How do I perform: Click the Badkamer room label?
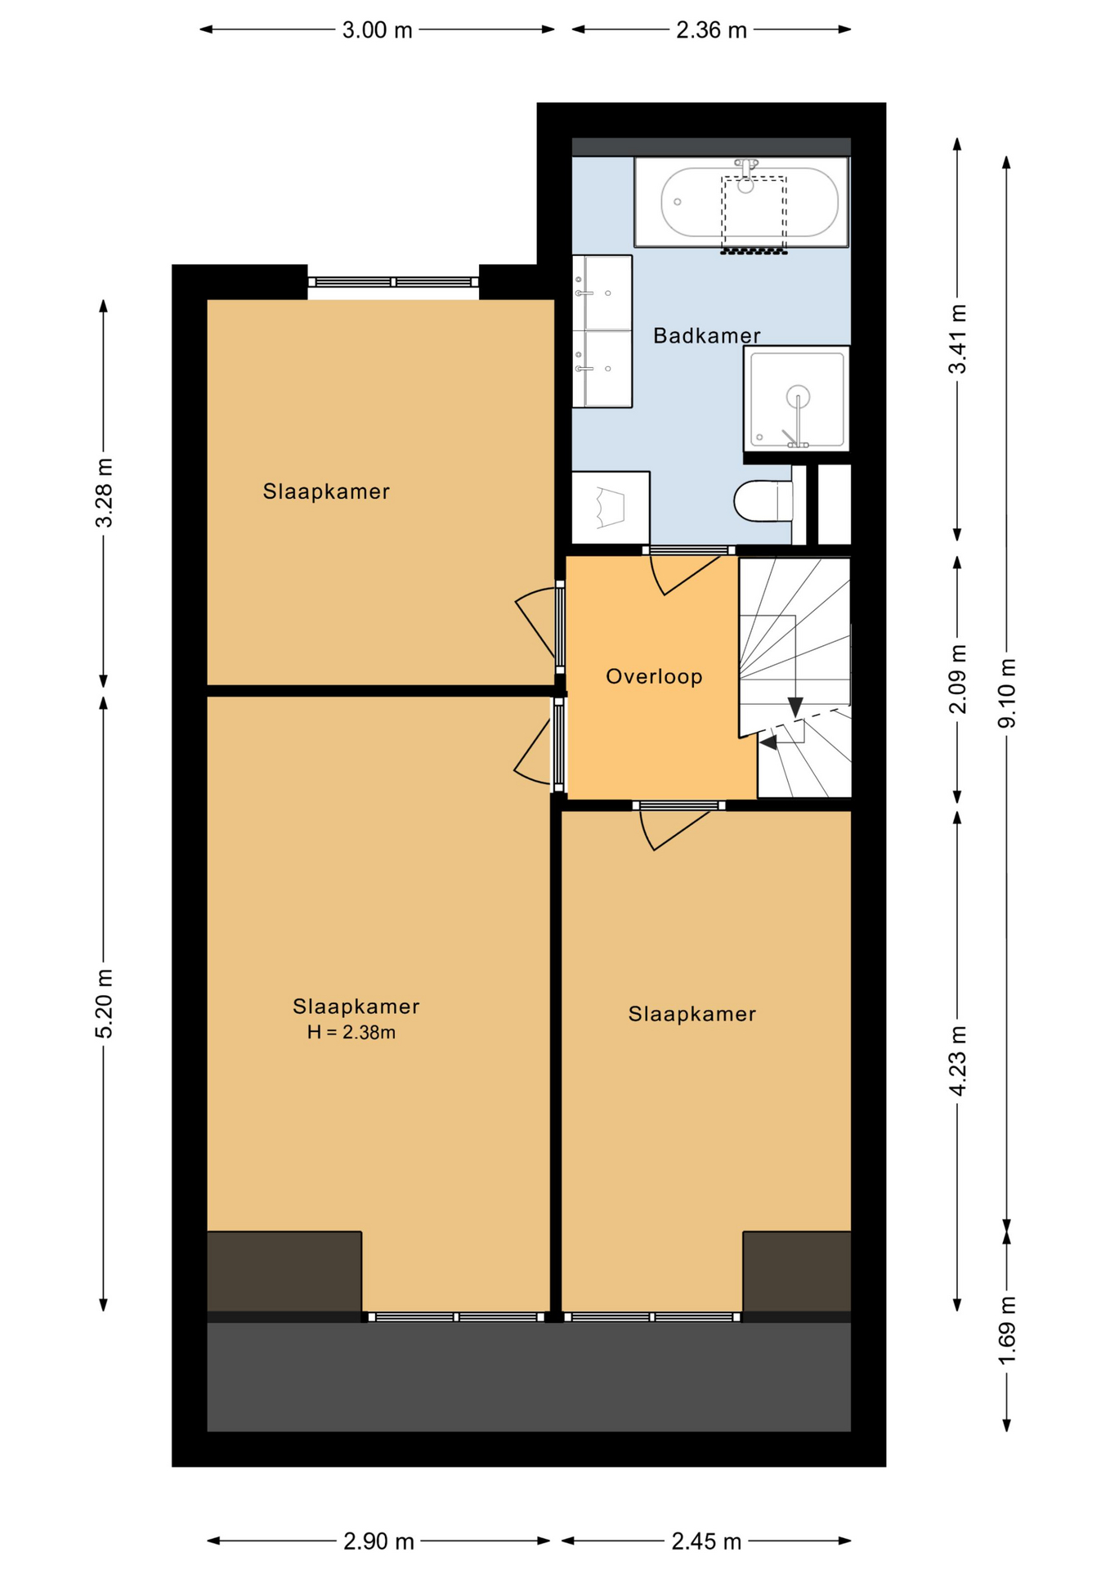pyautogui.click(x=706, y=335)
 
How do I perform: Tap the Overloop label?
pyautogui.click(x=654, y=676)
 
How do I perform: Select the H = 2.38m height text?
pyautogui.click(x=351, y=1032)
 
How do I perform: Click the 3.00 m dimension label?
pyautogui.click(x=377, y=30)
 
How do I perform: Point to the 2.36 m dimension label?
pyautogui.click(x=711, y=30)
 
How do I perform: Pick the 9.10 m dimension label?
pyautogui.click(x=1007, y=693)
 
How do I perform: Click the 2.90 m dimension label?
pyautogui.click(x=378, y=1541)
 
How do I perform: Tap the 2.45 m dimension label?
pyautogui.click(x=706, y=1541)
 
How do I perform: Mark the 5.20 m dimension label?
pyautogui.click(x=104, y=1003)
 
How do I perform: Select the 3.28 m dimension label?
pyautogui.click(x=104, y=492)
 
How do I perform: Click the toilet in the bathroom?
pyautogui.click(x=764, y=500)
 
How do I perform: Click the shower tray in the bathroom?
pyautogui.click(x=797, y=398)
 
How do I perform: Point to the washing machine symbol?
pyautogui.click(x=611, y=508)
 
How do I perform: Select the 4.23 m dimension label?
pyautogui.click(x=957, y=1061)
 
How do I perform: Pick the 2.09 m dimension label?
pyautogui.click(x=957, y=679)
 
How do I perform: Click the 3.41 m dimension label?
pyautogui.click(x=957, y=339)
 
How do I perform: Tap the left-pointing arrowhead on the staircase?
pyautogui.click(x=768, y=742)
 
